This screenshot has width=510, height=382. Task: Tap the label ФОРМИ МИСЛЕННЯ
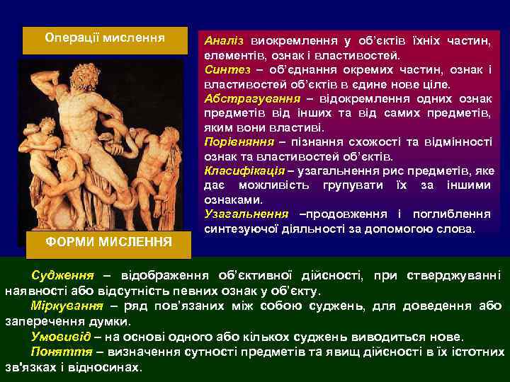(105, 242)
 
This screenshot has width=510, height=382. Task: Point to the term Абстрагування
(239, 99)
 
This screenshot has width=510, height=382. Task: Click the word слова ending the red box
(458, 229)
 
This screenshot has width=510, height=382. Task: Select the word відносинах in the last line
(110, 367)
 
